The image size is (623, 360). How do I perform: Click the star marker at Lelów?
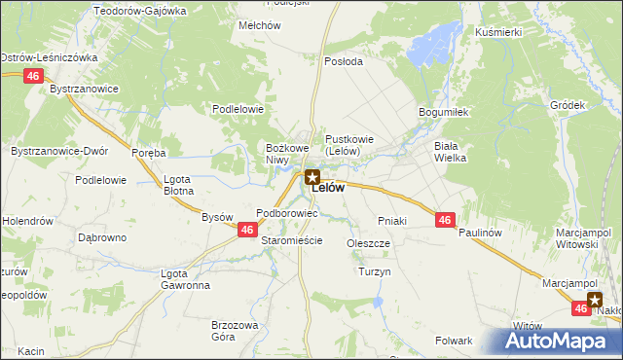pos(311,177)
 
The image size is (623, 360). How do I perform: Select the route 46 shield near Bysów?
pos(247,230)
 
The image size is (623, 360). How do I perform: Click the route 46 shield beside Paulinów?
pos(444,221)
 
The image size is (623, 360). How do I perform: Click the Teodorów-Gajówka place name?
pos(139,10)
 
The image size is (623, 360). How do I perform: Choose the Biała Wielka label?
pos(451,151)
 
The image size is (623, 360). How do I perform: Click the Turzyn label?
pos(374,271)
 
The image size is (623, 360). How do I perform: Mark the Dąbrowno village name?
pos(102,236)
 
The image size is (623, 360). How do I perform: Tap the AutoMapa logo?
pos(558,340)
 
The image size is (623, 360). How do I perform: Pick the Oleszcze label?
pos(368,243)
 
